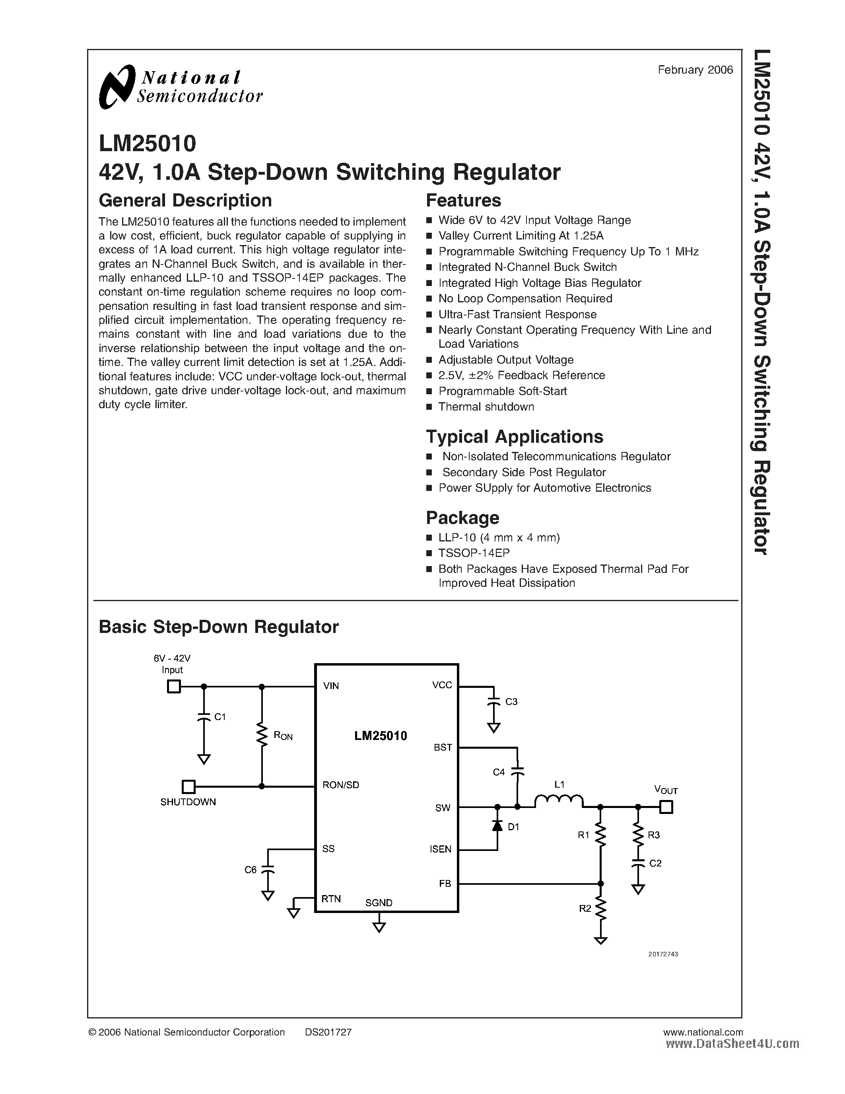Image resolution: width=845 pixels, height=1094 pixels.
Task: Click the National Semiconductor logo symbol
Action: click(117, 86)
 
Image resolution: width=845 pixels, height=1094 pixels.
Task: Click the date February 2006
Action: click(695, 70)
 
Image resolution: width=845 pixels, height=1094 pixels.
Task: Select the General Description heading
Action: click(185, 201)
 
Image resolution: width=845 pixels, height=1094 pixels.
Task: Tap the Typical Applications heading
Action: click(514, 437)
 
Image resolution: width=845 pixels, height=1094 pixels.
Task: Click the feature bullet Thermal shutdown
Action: click(486, 407)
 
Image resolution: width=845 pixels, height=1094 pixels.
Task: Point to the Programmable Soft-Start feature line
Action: click(502, 391)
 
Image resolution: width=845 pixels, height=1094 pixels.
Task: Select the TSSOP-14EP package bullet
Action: click(474, 553)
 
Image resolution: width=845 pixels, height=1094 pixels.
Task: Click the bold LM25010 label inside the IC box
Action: click(381, 736)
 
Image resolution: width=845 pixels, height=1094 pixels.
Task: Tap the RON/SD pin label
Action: click(340, 785)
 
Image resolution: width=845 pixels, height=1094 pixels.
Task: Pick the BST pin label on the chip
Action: click(443, 748)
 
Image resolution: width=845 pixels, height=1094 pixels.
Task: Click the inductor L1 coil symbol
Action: click(559, 801)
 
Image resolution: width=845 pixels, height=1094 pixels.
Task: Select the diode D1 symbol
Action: click(497, 825)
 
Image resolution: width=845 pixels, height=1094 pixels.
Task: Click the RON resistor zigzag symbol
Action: click(261, 734)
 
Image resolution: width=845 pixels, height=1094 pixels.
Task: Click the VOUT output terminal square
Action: click(666, 807)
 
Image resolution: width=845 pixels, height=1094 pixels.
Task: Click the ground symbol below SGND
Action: click(379, 927)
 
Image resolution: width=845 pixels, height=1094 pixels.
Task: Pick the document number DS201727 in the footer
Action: click(328, 1032)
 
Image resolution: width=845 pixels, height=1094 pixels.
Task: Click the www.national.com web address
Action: click(702, 1032)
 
